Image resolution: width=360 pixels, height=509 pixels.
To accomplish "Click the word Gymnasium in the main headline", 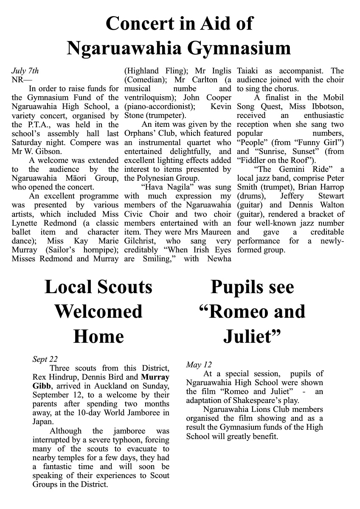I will click(x=239, y=48).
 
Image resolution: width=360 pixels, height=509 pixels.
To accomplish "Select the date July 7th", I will click(x=25, y=71).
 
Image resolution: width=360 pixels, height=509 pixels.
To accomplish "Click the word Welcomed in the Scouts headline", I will click(x=98, y=312).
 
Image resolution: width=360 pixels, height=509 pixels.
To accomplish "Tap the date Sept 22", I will click(x=45, y=359).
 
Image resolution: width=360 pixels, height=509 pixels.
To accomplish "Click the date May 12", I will click(x=198, y=365).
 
